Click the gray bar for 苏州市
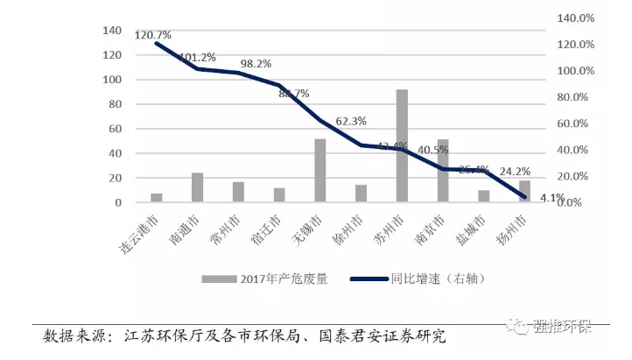point(402,145)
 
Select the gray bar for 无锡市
point(320,170)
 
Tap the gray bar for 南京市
point(443,171)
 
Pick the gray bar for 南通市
point(198,187)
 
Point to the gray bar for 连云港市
point(157,198)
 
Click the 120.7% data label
point(153,35)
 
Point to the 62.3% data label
point(351,121)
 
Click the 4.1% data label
point(550,198)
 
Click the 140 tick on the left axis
point(112,31)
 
